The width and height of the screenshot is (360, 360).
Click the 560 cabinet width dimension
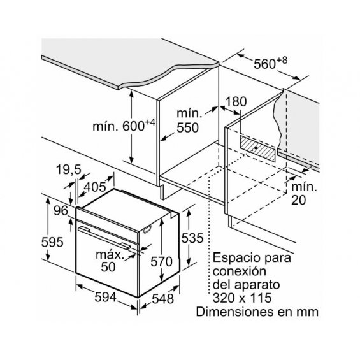[x=270, y=63]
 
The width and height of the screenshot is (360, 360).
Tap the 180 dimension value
[x=236, y=101]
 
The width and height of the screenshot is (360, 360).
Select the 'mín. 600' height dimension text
[x=124, y=126]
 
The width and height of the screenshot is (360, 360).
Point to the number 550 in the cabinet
[x=187, y=127]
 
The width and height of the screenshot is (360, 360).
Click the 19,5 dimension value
[x=69, y=170]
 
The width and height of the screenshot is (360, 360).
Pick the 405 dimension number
[x=95, y=187]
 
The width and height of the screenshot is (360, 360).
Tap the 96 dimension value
[x=61, y=210]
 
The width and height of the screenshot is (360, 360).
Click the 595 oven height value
[x=52, y=242]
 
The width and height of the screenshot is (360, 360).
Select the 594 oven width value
[x=106, y=298]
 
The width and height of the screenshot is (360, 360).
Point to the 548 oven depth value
[x=162, y=299]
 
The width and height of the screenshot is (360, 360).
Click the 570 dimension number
[x=161, y=261]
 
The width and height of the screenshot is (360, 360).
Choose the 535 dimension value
[x=192, y=238]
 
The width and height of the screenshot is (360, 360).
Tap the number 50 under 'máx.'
[x=108, y=267]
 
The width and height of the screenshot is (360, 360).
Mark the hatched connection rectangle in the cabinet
[x=257, y=148]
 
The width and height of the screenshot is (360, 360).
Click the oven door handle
[x=104, y=238]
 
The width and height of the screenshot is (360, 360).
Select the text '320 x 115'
[x=242, y=298]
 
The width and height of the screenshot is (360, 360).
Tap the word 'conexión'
[x=240, y=271]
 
